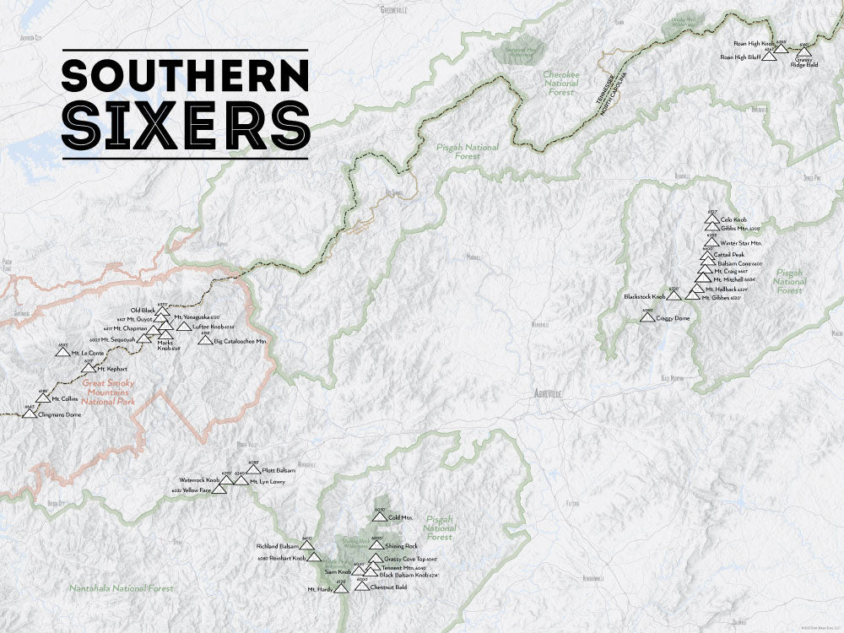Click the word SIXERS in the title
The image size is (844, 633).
(x=185, y=125)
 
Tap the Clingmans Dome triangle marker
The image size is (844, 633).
(x=30, y=414)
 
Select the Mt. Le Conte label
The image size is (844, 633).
(x=87, y=353)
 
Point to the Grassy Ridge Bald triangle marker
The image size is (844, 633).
(x=803, y=52)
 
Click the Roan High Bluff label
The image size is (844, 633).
(x=740, y=57)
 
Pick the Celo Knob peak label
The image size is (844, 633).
(x=733, y=219)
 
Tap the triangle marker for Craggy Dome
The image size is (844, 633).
(x=647, y=316)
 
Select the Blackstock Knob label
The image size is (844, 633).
(x=645, y=296)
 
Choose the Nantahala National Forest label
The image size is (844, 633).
(x=122, y=588)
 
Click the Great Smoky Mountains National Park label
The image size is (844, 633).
(x=103, y=392)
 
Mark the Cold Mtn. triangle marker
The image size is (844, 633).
(x=380, y=516)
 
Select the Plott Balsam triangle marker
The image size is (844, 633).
(x=253, y=469)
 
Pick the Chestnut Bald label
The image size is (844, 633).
(x=389, y=586)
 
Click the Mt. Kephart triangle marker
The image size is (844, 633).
(x=89, y=368)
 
